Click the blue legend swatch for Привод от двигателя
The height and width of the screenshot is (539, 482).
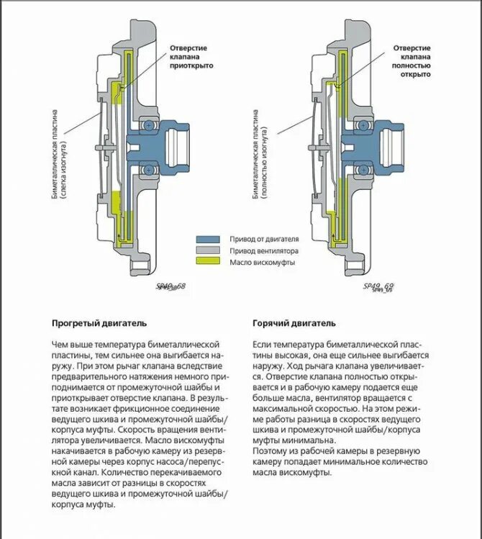coord(209,238)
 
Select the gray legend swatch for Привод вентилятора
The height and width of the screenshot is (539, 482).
coord(209,250)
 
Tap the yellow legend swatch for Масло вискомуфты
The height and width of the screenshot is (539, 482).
coord(209,263)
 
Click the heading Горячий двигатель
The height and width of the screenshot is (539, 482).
coord(294,323)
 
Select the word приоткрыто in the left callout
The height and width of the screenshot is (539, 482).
coord(192,65)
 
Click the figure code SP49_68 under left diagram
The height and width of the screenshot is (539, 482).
coord(170,286)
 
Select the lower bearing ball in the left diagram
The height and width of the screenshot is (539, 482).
coord(148,169)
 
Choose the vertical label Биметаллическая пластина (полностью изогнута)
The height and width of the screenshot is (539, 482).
coord(260,154)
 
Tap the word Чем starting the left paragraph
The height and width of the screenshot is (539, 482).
coord(60,345)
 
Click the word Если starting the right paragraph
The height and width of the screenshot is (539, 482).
coord(262,345)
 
